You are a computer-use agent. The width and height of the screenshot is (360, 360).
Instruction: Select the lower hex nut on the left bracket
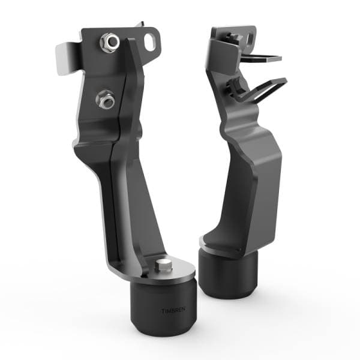(x=106, y=99)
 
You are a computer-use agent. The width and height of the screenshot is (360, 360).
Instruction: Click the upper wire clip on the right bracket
(x=261, y=57)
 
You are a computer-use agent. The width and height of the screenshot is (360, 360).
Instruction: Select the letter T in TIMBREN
(x=163, y=311)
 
